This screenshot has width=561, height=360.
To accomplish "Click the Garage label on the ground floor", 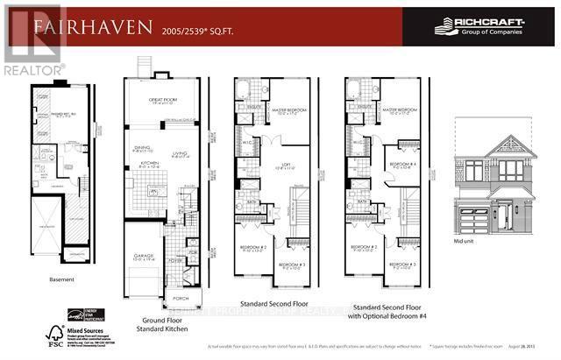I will [x=142, y=235].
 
